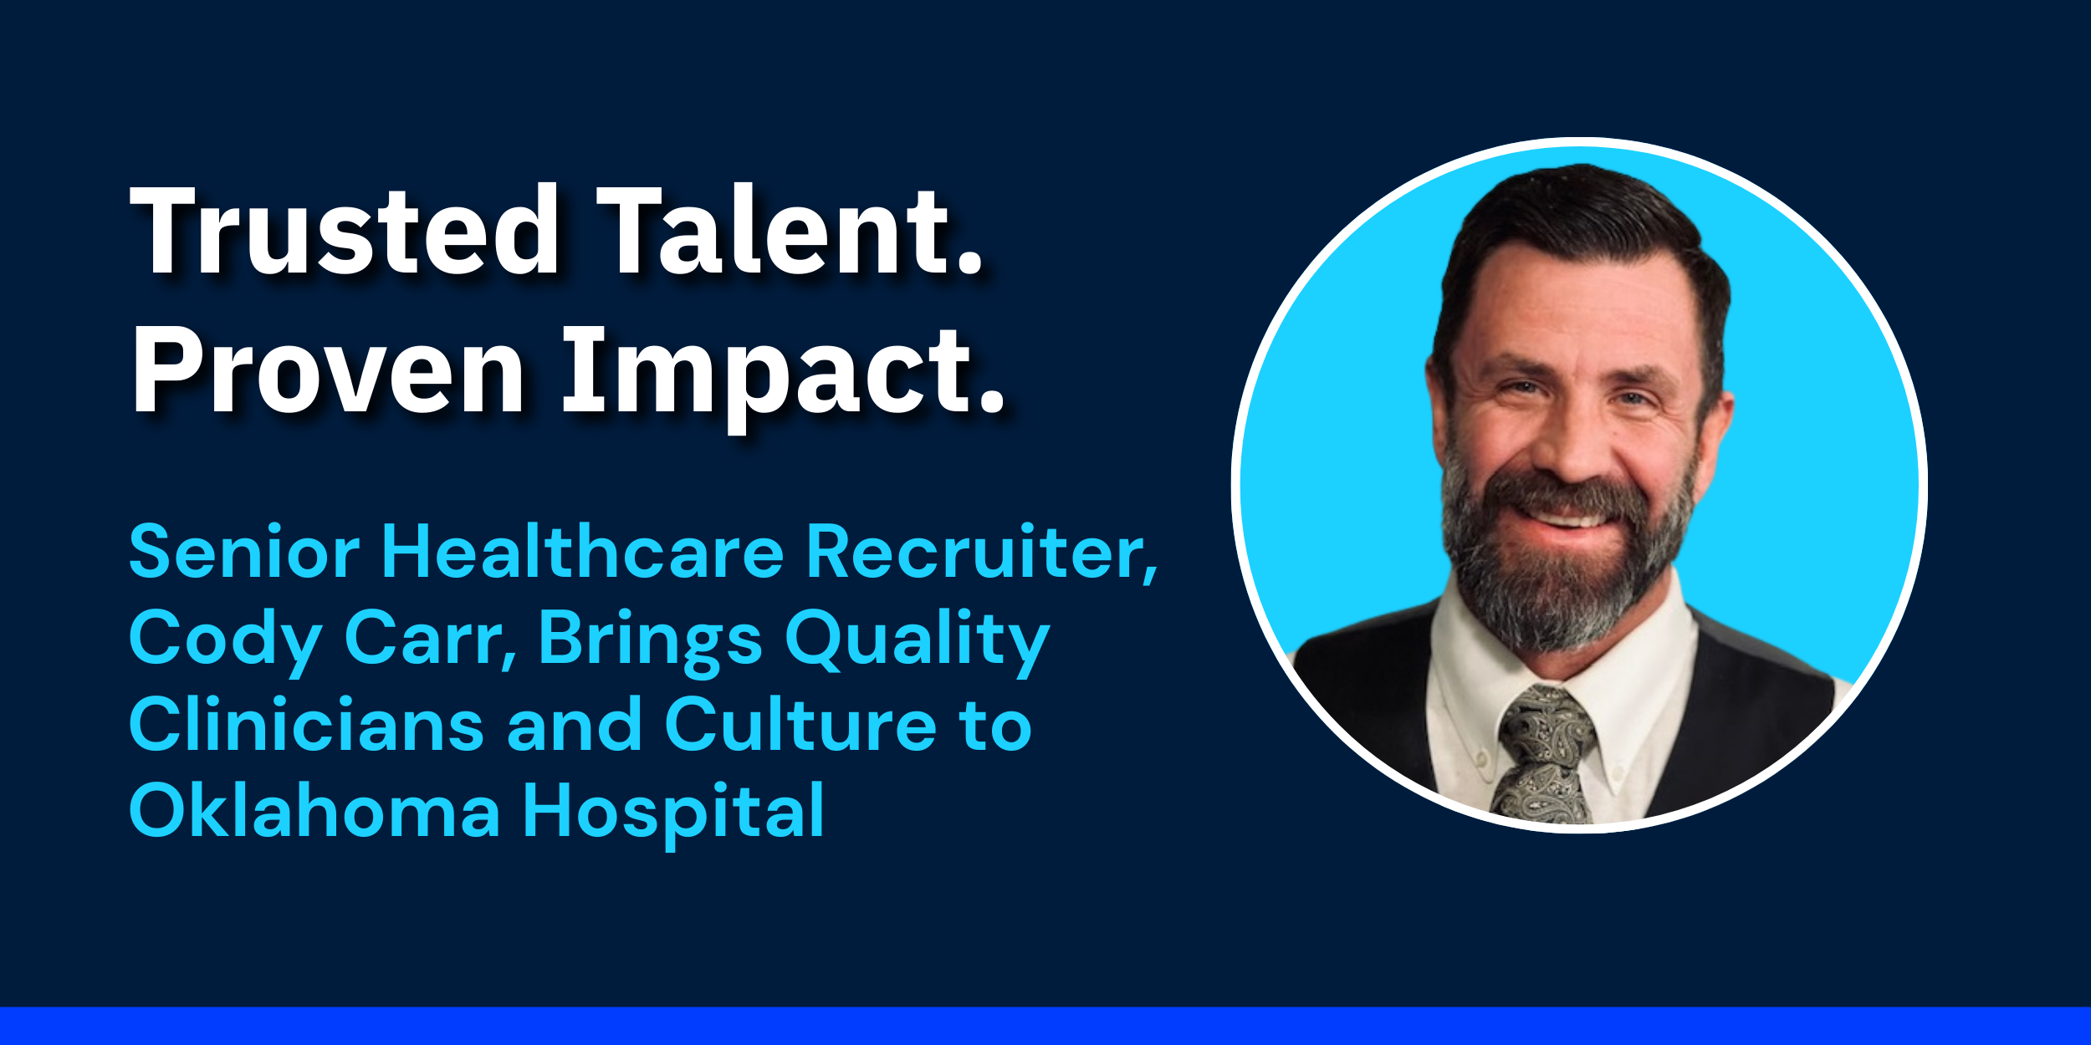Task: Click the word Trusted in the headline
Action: [345, 230]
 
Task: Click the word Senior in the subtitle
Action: [244, 552]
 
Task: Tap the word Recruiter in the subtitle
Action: [982, 552]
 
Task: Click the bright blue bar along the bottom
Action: [1045, 1026]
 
